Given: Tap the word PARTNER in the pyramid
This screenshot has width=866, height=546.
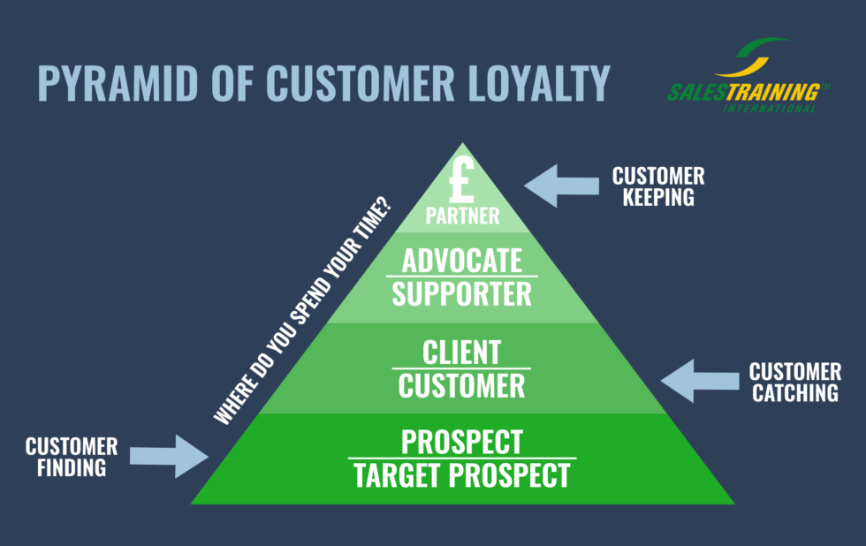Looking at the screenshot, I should pyautogui.click(x=462, y=215).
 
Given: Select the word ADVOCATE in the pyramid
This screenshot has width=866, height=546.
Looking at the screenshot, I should pyautogui.click(x=462, y=261).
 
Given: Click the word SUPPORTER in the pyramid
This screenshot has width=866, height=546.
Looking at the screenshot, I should pyautogui.click(x=462, y=293).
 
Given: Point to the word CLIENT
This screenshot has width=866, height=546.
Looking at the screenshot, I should pyautogui.click(x=462, y=353).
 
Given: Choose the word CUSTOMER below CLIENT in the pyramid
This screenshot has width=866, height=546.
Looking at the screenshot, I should pyautogui.click(x=462, y=385).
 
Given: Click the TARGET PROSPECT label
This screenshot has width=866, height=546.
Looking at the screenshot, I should pyautogui.click(x=462, y=476).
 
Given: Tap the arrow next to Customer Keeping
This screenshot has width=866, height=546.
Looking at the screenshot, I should pyautogui.click(x=561, y=186).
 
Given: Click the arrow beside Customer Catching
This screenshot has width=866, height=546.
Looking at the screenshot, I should pyautogui.click(x=699, y=381).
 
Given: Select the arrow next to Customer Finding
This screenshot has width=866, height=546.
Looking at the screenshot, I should pyautogui.click(x=169, y=456).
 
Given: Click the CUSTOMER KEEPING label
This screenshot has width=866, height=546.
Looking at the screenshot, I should pyautogui.click(x=657, y=186).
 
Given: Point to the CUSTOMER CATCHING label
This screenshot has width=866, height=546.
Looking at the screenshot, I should pyautogui.click(x=794, y=382).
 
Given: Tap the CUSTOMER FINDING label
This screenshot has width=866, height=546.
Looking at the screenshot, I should pyautogui.click(x=72, y=457).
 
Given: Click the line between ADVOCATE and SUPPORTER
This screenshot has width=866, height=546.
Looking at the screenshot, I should pyautogui.click(x=462, y=277).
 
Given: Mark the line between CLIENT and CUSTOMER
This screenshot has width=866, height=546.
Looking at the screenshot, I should pyautogui.click(x=462, y=368).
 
